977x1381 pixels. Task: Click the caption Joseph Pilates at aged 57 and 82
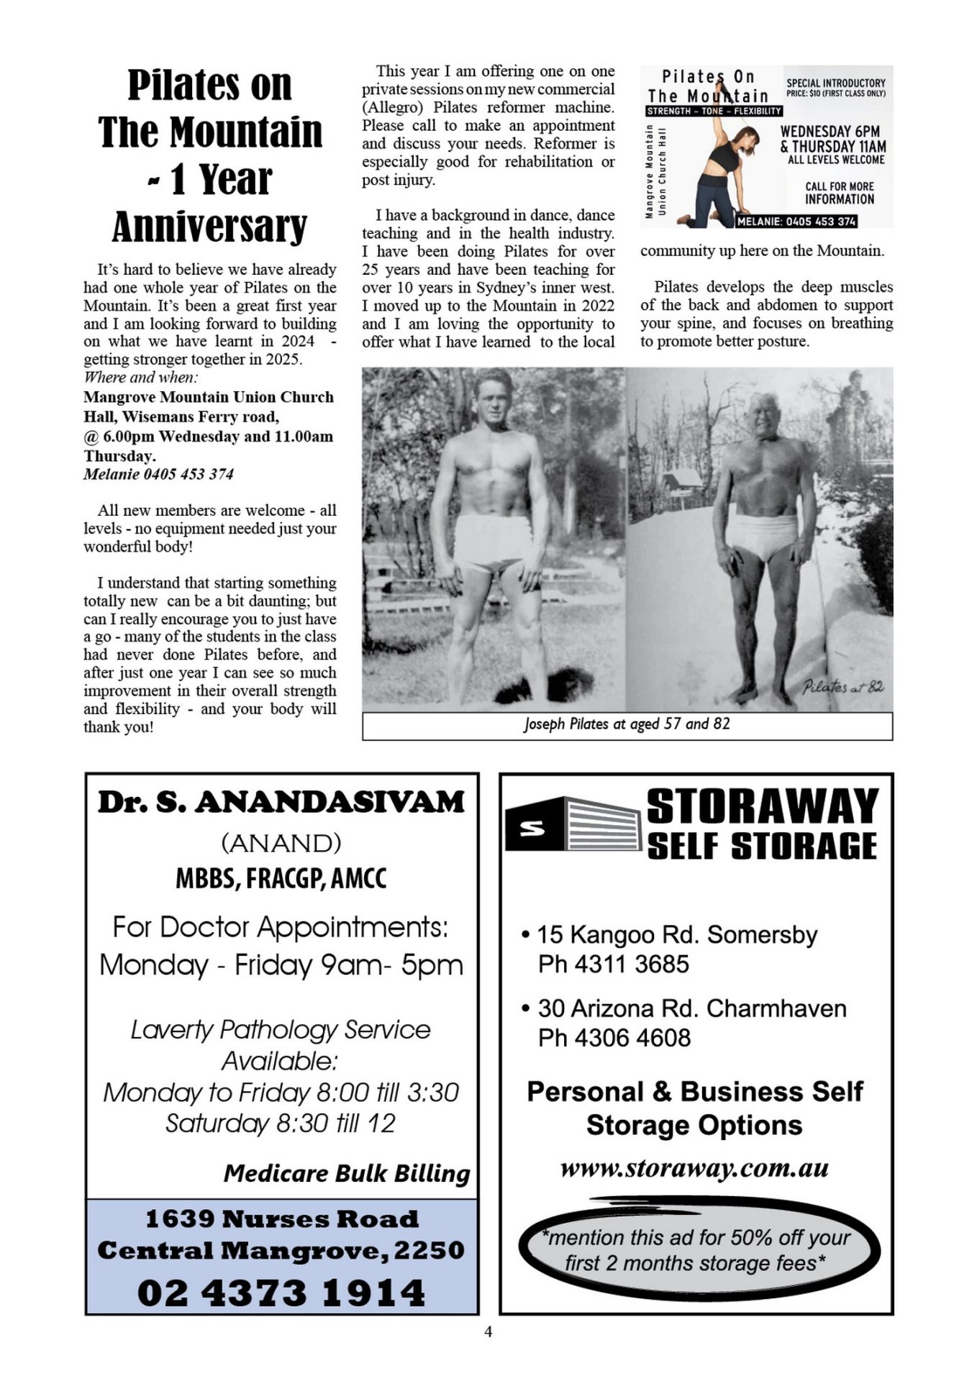pyautogui.click(x=627, y=724)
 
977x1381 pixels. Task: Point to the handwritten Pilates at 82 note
pyautogui.click(x=842, y=687)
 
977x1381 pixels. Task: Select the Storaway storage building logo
pyautogui.click(x=573, y=825)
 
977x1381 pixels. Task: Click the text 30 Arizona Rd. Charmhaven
pyautogui.click(x=691, y=1008)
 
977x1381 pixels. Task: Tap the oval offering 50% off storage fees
pyautogui.click(x=696, y=1251)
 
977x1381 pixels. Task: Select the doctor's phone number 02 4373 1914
pyautogui.click(x=281, y=1293)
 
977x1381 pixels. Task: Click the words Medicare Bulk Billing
pyautogui.click(x=346, y=1174)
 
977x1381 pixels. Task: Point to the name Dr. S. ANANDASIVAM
pyautogui.click(x=281, y=803)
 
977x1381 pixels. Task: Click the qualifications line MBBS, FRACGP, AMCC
pyautogui.click(x=281, y=879)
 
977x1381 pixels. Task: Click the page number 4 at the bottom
pyautogui.click(x=488, y=1332)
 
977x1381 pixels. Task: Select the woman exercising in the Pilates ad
pyautogui.click(x=724, y=169)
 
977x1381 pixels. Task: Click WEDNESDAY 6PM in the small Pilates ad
pyautogui.click(x=830, y=132)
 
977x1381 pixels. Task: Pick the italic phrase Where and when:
pyautogui.click(x=141, y=378)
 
